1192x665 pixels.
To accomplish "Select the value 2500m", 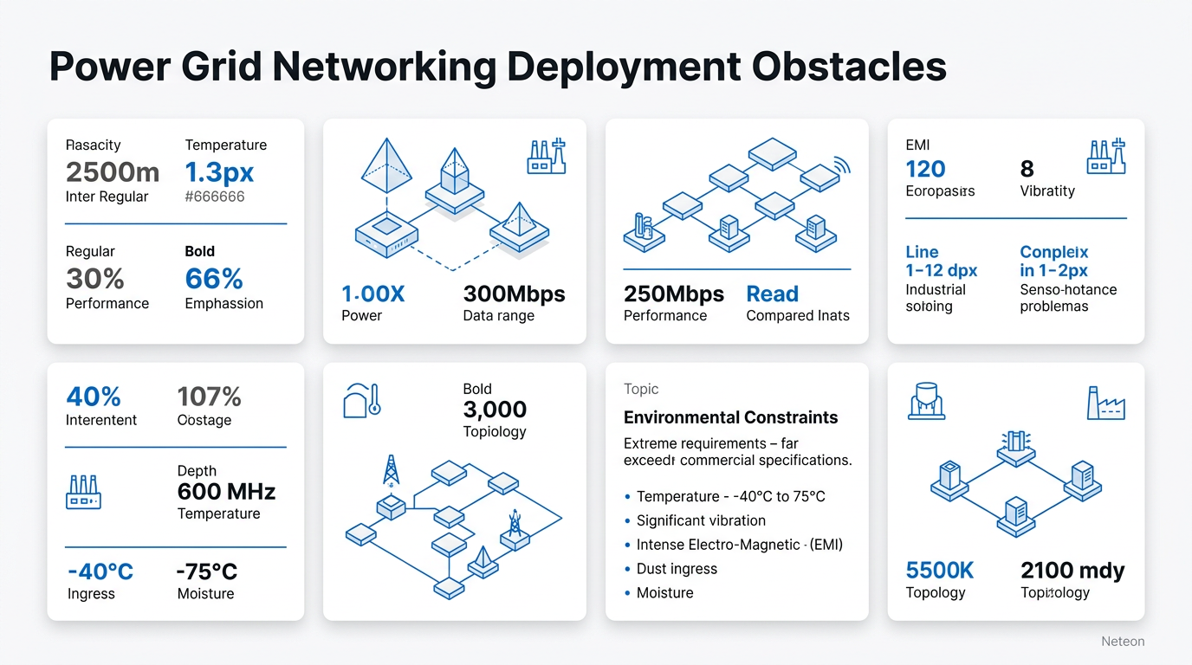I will [112, 171].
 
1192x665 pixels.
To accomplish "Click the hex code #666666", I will [215, 197].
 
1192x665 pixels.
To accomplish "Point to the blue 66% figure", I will [214, 278].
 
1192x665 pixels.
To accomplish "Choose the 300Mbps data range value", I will [514, 294].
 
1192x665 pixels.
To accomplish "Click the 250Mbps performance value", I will [674, 294].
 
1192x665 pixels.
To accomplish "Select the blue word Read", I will [772, 294].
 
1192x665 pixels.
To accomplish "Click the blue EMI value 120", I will [925, 169].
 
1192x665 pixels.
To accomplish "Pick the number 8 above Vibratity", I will [1027, 169].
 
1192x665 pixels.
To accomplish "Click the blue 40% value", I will [94, 397].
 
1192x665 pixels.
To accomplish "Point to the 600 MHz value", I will [226, 492].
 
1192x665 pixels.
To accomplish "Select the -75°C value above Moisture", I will [206, 571].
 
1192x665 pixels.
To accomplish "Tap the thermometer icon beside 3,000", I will [373, 400].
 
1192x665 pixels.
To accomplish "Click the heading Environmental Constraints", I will [730, 417].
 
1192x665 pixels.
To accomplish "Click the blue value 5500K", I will [940, 570].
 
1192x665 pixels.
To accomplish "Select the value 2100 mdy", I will [1072, 570].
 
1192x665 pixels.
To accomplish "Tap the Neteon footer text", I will [1123, 642].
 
